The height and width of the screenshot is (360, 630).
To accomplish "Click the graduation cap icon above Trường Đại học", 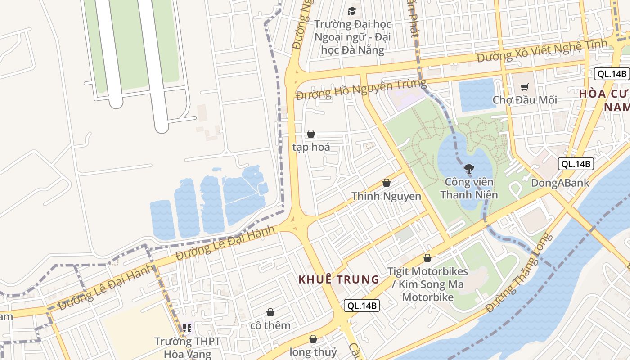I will pos(352,11).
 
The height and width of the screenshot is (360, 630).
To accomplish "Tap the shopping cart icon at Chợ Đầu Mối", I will pos(524,87).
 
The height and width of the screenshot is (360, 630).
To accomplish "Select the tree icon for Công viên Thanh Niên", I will pos(469,169).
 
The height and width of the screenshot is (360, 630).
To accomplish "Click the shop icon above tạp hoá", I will pos(310,134).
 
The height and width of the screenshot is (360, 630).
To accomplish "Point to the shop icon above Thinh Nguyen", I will pos(386,183).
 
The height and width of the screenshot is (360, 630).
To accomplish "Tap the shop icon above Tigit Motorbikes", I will pos(427,258).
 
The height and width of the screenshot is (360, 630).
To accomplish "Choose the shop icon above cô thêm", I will pos(270,312).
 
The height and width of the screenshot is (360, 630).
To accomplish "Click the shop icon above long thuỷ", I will pos(313,339).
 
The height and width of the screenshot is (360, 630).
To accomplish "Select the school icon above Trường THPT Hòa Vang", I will pos(187,328).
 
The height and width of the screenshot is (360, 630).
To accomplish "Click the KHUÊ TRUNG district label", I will pos(339,279).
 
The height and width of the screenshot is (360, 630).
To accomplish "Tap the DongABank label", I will pos(560,183).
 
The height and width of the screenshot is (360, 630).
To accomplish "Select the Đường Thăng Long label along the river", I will pos(519,274).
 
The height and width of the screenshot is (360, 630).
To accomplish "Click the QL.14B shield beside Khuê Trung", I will pos(362,306).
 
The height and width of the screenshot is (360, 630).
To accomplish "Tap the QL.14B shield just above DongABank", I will pos(576,164).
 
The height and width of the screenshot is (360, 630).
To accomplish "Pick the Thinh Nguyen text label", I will pos(386,196).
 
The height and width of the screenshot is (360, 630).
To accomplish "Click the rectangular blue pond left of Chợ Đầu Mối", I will pos(477,95).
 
